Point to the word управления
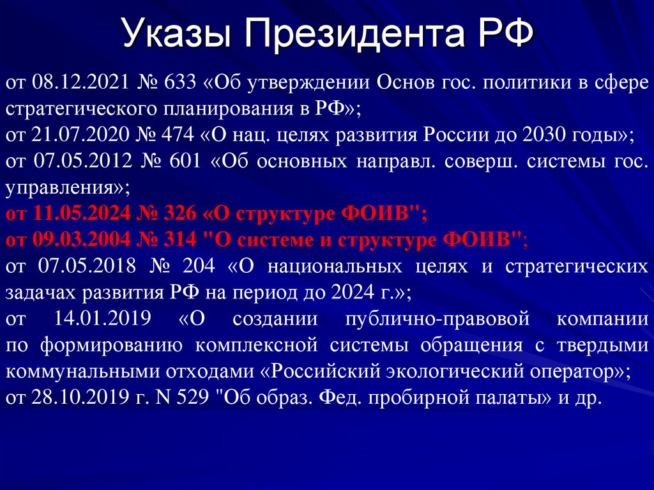click(65, 188)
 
